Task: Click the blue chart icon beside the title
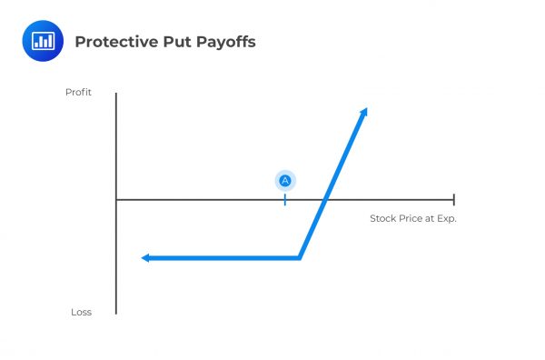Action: [43, 41]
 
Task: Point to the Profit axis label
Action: [78, 93]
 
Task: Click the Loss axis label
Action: [81, 312]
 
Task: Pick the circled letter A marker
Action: [285, 180]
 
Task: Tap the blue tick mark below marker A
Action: [285, 199]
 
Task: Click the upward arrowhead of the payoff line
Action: [364, 111]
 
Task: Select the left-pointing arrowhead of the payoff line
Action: [145, 258]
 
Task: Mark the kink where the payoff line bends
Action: [300, 258]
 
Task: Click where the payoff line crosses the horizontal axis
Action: [326, 199]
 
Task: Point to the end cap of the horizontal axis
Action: [453, 199]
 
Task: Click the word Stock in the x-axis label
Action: [381, 218]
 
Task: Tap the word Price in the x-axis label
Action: [408, 218]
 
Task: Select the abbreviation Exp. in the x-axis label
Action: [445, 218]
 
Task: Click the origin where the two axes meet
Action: [116, 199]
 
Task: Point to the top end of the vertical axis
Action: [116, 94]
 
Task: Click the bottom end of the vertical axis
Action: [116, 314]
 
